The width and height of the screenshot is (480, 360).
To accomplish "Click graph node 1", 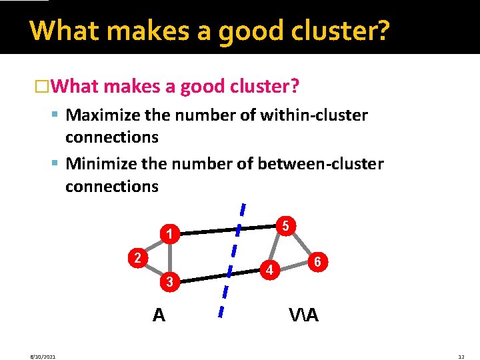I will tap(171, 234).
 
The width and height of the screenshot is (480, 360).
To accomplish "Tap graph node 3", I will tap(170, 282).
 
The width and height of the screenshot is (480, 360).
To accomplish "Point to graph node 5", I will tap(285, 226).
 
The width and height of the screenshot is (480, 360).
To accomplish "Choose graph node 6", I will tap(319, 263).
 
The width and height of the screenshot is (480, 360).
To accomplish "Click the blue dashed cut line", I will tap(233, 260).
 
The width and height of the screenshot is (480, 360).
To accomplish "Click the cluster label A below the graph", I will tap(159, 314).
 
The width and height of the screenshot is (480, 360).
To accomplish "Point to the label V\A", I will tap(303, 314).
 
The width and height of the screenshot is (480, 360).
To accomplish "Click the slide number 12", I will tap(461, 357).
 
